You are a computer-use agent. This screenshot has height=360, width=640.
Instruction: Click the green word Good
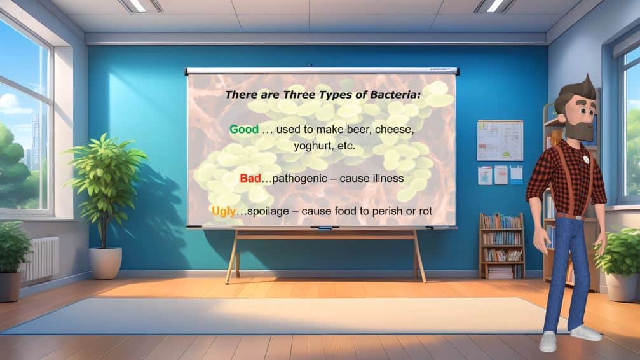[243, 130]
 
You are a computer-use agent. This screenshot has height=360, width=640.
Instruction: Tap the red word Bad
[250, 178]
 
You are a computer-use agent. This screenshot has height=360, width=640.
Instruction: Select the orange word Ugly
[224, 212]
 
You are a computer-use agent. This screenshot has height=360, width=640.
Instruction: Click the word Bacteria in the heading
[395, 95]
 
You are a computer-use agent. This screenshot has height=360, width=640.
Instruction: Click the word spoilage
[267, 212]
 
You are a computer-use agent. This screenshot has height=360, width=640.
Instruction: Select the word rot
[425, 211]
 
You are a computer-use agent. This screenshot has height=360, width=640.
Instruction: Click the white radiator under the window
[41, 260]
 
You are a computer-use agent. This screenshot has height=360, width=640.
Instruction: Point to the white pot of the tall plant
[106, 263]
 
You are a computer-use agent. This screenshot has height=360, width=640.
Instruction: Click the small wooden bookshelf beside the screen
[501, 246]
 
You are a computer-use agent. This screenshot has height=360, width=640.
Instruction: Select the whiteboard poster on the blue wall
[500, 140]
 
